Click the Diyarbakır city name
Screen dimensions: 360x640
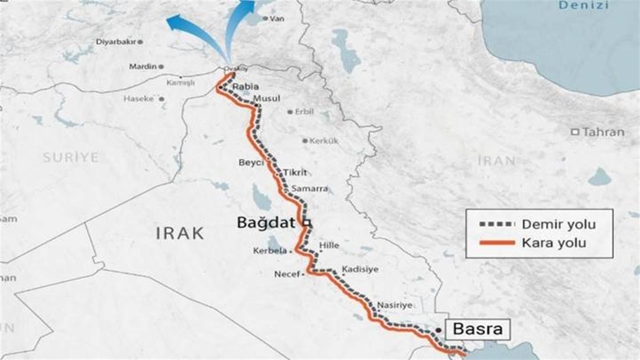(x=115, y=42)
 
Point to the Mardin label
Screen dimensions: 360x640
(x=142, y=66)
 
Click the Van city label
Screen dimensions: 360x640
(x=276, y=19)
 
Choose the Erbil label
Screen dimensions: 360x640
(x=304, y=112)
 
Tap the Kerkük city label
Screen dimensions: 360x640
(x=324, y=141)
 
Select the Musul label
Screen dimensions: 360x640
(x=267, y=98)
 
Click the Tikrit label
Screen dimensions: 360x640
(x=295, y=173)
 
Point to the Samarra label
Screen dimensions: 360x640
(x=306, y=188)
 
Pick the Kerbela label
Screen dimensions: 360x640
(x=270, y=251)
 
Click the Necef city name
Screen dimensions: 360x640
(x=287, y=273)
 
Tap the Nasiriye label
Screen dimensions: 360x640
(x=394, y=305)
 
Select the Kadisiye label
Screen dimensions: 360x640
(x=360, y=270)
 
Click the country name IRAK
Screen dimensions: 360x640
(x=179, y=234)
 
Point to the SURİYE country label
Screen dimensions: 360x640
(x=70, y=158)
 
